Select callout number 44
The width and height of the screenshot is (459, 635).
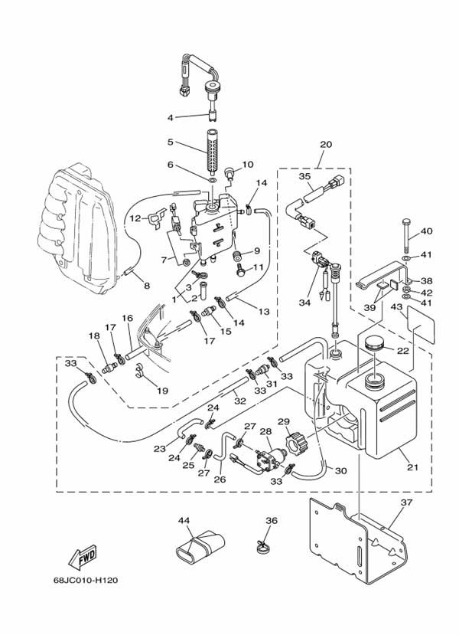pyautogui.click(x=184, y=520)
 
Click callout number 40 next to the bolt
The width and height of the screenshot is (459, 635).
pyautogui.click(x=426, y=231)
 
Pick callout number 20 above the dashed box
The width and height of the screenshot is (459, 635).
pyautogui.click(x=326, y=144)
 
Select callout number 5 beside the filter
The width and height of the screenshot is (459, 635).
pyautogui.click(x=171, y=142)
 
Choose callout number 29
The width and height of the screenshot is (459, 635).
pyautogui.click(x=282, y=421)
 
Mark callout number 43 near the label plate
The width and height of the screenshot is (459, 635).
pyautogui.click(x=396, y=307)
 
